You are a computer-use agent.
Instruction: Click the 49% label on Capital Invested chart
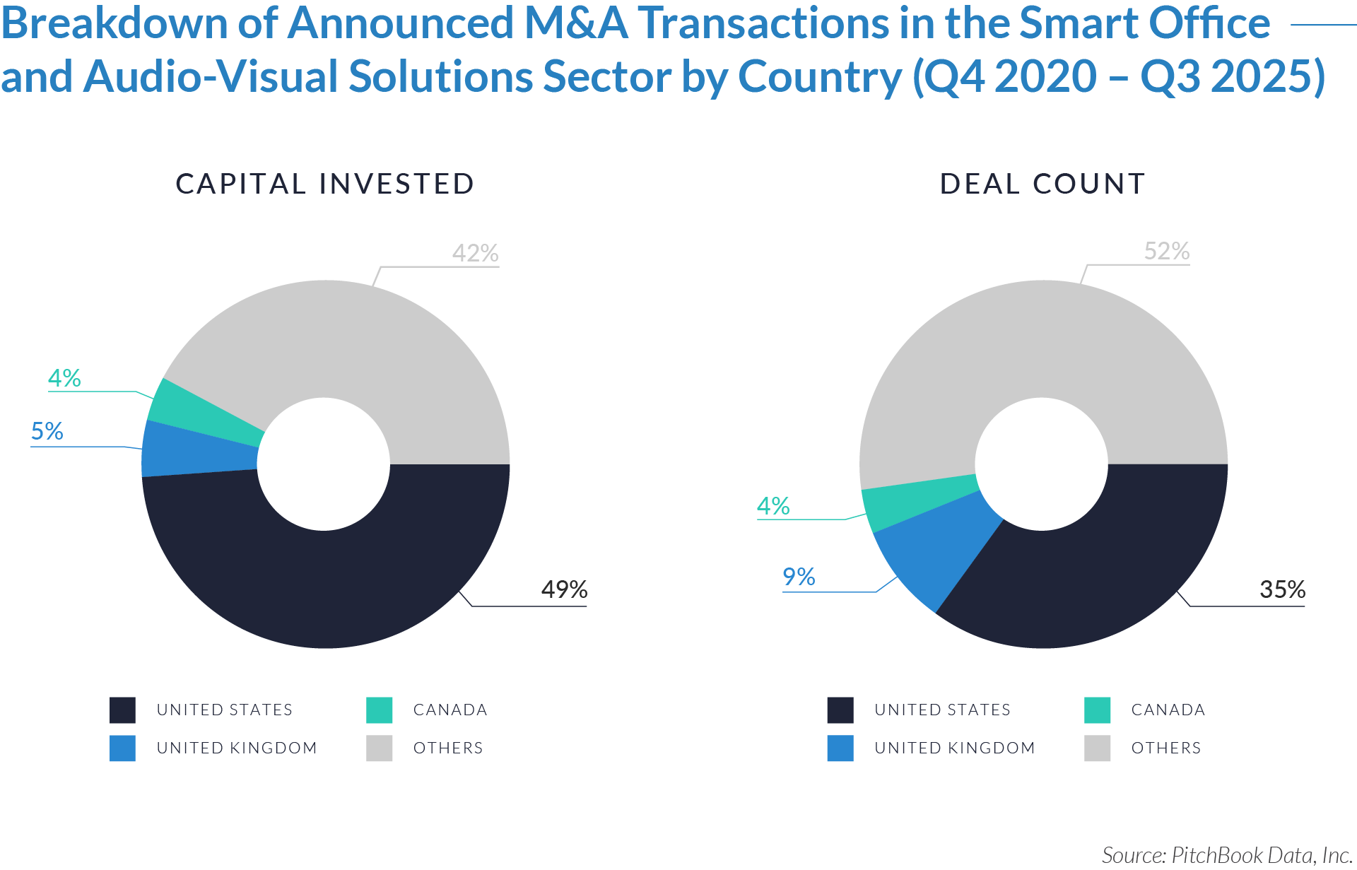(x=564, y=589)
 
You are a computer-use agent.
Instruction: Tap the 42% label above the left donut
(x=475, y=253)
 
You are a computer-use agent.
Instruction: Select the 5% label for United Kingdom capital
(x=47, y=431)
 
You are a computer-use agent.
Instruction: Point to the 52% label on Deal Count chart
(x=1167, y=251)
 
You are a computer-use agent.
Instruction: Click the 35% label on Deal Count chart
(x=1282, y=589)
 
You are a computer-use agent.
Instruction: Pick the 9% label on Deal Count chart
(x=799, y=577)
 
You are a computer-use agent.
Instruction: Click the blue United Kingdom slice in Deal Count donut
(x=933, y=551)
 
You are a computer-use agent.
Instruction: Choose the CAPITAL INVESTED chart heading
(x=324, y=184)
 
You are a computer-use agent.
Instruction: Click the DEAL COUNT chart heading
(x=1042, y=184)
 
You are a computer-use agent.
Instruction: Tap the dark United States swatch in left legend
(x=122, y=710)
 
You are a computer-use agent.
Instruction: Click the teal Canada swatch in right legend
(x=1097, y=710)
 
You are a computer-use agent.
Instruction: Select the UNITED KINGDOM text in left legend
(x=236, y=748)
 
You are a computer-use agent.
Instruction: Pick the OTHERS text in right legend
(x=1165, y=748)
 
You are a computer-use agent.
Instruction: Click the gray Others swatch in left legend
(x=380, y=748)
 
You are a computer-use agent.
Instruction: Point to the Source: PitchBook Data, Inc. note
(x=1227, y=855)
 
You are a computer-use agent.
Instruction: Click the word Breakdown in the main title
(x=113, y=23)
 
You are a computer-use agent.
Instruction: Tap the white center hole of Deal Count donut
(x=1041, y=464)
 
